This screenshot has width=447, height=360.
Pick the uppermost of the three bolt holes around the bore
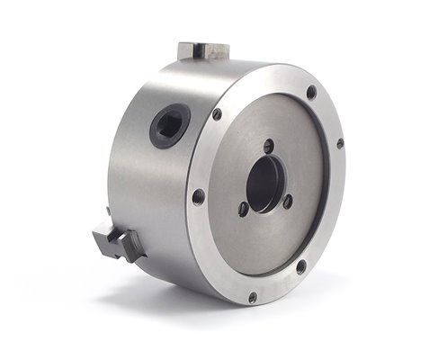pos(268,144)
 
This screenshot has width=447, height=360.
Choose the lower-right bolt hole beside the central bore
pos(288,202)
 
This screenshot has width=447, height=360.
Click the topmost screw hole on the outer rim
pos(311,91)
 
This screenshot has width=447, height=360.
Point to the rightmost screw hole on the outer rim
pos(340,143)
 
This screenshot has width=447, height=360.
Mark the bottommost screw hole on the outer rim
pos(252,297)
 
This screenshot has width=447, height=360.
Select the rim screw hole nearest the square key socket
pos(217,113)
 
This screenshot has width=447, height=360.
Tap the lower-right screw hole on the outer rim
pos(300,266)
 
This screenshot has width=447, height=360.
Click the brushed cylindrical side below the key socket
pos(153,198)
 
